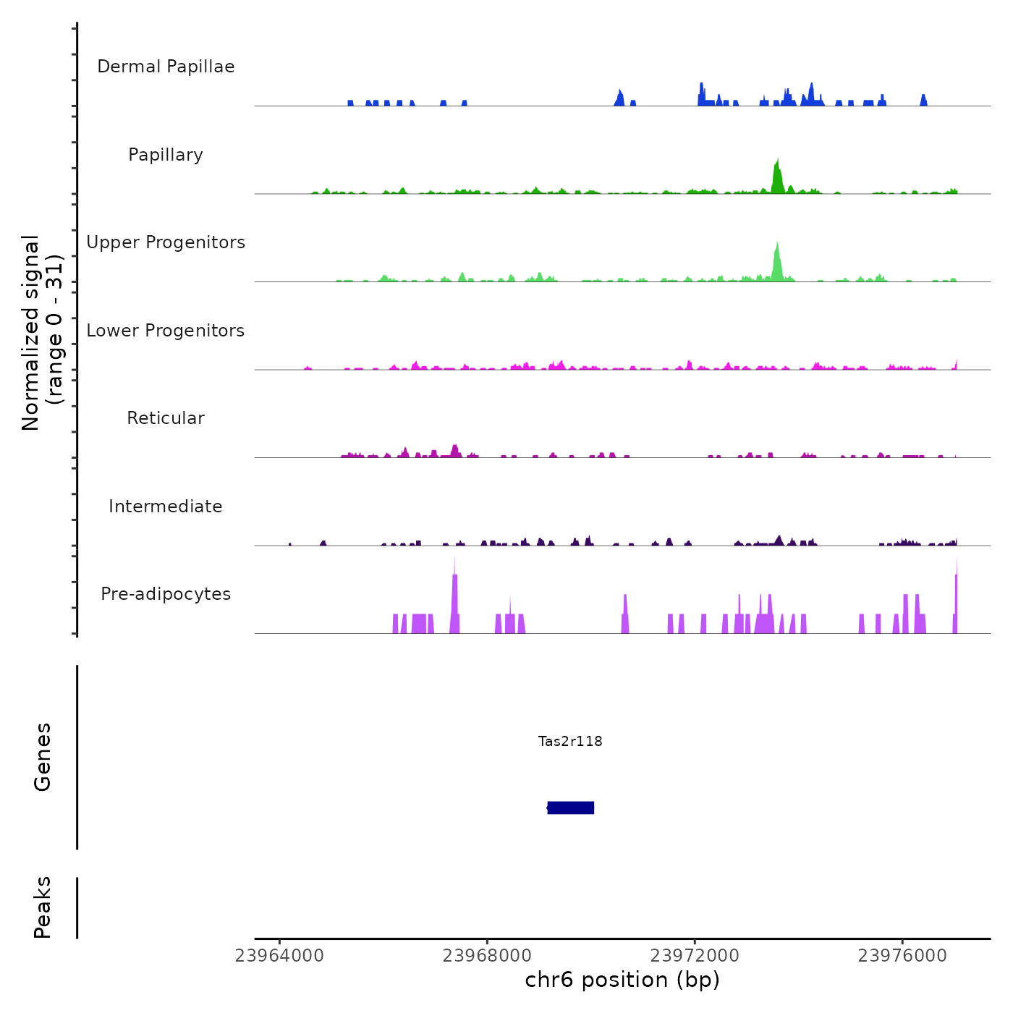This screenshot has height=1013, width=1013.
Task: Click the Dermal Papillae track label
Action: pyautogui.click(x=166, y=67)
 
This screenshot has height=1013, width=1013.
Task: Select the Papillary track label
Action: pyautogui.click(x=166, y=155)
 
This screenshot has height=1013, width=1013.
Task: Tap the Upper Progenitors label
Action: pyautogui.click(x=166, y=242)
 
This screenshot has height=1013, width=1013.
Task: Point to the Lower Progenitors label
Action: pyautogui.click(x=166, y=331)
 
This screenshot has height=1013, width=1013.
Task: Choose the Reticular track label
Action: pyautogui.click(x=166, y=418)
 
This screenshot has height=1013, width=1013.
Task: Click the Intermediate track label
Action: pyautogui.click(x=166, y=506)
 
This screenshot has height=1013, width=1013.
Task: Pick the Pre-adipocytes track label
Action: pyautogui.click(x=166, y=594)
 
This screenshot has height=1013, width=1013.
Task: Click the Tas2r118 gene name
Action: pyautogui.click(x=570, y=741)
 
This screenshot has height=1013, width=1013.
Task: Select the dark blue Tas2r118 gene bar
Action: pyautogui.click(x=571, y=808)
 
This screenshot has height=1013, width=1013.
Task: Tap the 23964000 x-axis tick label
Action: pyautogui.click(x=279, y=956)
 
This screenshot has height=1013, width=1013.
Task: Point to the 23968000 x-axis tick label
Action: pyautogui.click(x=487, y=956)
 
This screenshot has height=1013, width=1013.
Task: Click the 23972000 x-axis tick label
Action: pyautogui.click(x=695, y=956)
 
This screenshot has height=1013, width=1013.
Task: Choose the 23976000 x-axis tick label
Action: pyautogui.click(x=902, y=956)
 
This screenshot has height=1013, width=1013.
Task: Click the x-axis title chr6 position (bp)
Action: pyautogui.click(x=622, y=980)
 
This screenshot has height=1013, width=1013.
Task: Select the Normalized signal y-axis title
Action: pyautogui.click(x=42, y=333)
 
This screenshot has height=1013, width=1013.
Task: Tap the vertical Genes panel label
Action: pyautogui.click(x=43, y=757)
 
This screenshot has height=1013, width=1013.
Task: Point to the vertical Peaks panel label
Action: pyautogui.click(x=43, y=907)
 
